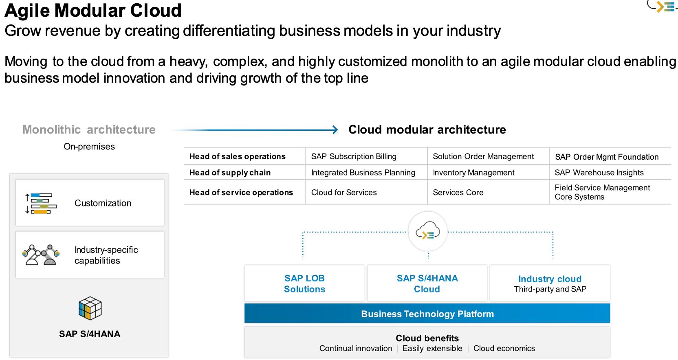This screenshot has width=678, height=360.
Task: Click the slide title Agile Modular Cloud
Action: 93,11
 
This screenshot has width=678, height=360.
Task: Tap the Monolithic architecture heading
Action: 89,130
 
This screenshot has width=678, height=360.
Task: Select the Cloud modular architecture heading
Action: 427,130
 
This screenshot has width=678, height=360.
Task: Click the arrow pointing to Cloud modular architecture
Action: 253,130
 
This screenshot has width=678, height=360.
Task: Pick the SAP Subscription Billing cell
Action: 354,156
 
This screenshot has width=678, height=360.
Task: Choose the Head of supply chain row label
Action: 230,173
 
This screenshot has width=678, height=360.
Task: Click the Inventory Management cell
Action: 473,173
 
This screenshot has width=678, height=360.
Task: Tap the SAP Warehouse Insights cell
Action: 599,173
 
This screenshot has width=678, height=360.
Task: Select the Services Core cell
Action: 458,192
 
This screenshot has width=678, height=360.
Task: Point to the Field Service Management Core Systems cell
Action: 602,192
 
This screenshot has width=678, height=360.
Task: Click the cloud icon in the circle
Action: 427,231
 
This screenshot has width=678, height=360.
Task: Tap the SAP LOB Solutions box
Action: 304,283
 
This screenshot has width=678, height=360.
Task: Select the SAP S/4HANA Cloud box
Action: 427,283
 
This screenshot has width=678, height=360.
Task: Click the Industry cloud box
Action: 550,283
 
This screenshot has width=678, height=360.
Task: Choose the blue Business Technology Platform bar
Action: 427,314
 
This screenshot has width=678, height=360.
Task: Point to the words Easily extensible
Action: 432,349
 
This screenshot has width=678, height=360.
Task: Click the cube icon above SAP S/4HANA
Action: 90,308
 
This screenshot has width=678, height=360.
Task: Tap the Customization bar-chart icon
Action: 41,203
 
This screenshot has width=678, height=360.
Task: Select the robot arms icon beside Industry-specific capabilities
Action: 41,255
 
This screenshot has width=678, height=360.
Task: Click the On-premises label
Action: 89,147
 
